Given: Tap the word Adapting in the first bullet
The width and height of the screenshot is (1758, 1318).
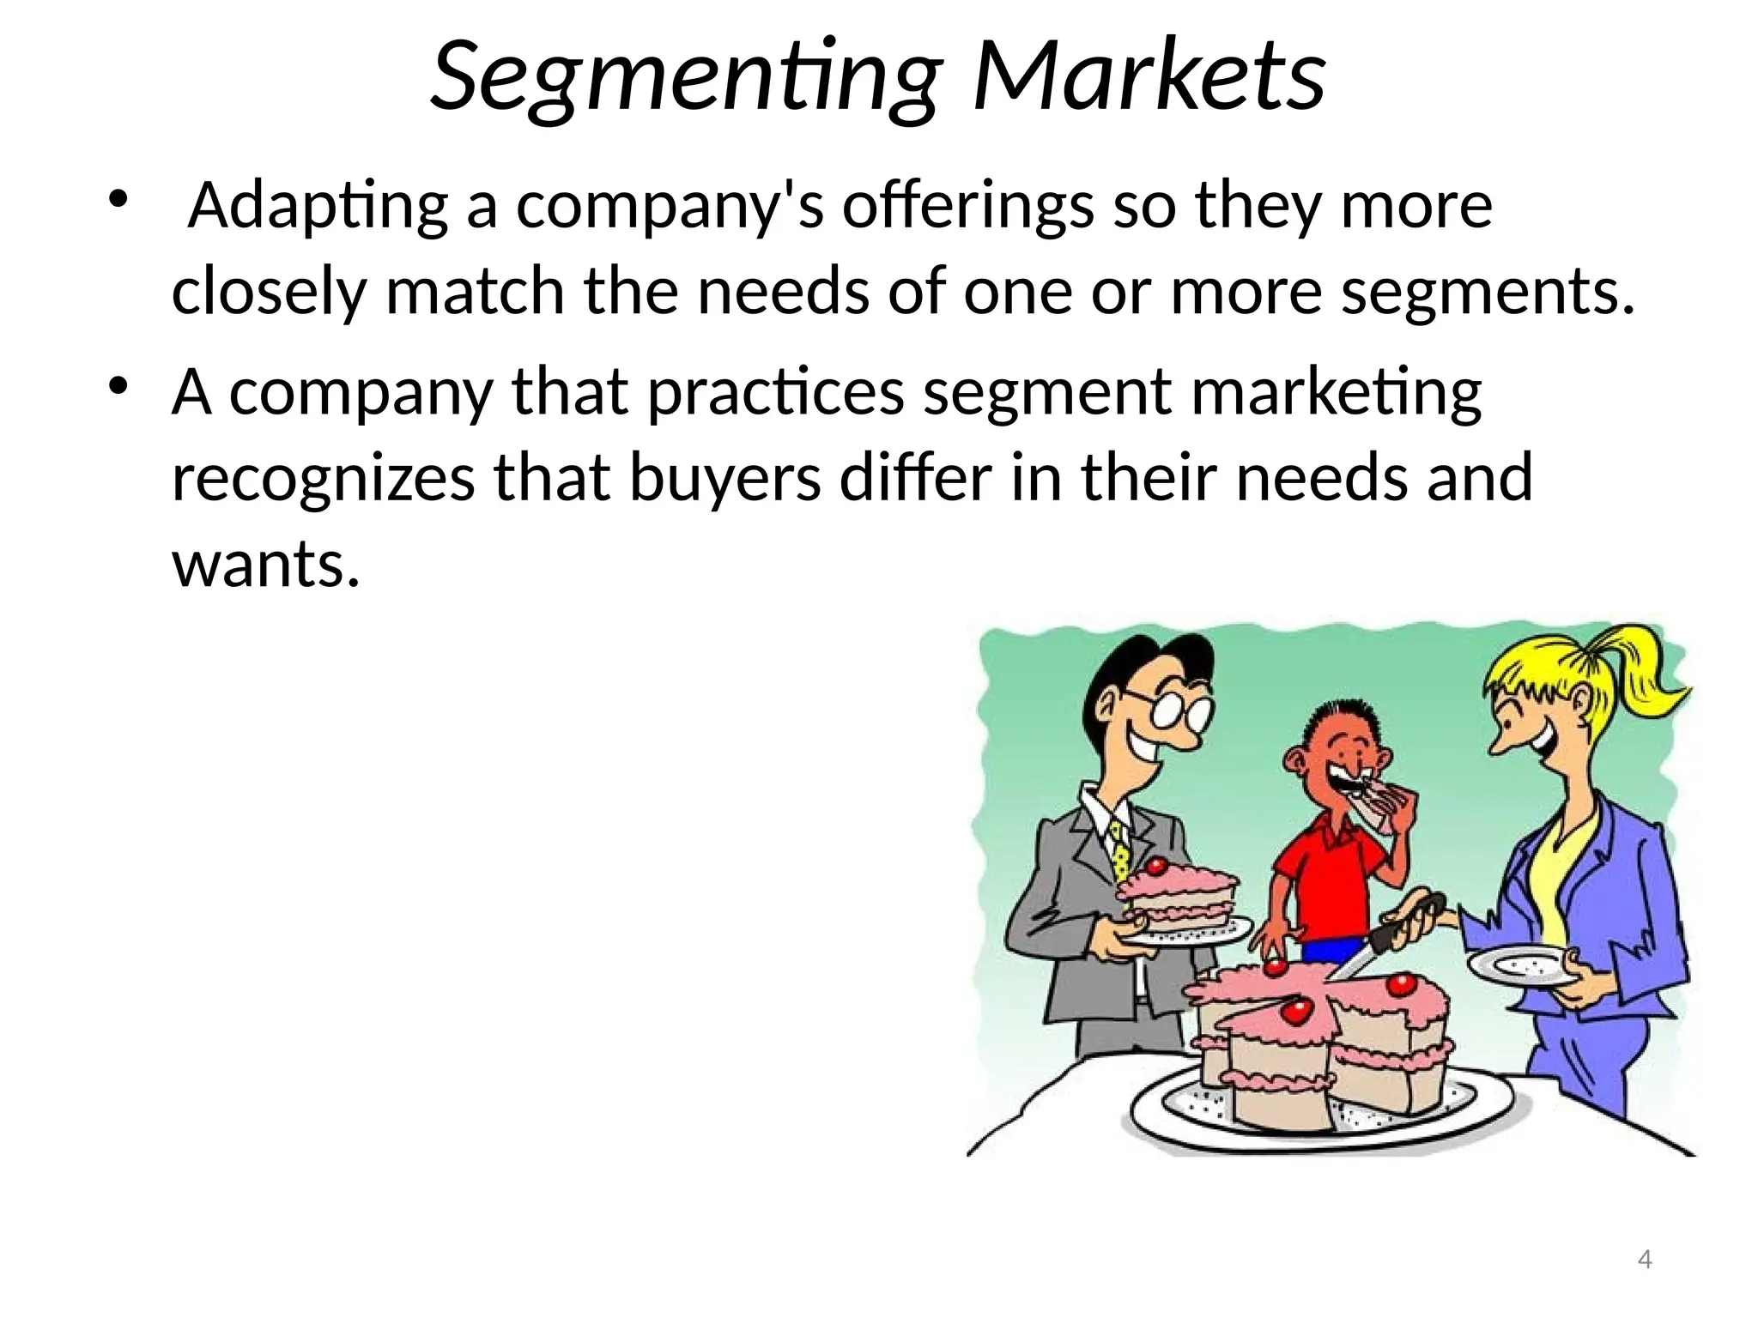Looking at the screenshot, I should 318,208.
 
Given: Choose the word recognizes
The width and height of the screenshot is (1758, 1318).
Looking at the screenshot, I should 323,479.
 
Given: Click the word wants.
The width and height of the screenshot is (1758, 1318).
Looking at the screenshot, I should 265,565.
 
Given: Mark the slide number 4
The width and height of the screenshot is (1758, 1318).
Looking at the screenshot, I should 1645,1259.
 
